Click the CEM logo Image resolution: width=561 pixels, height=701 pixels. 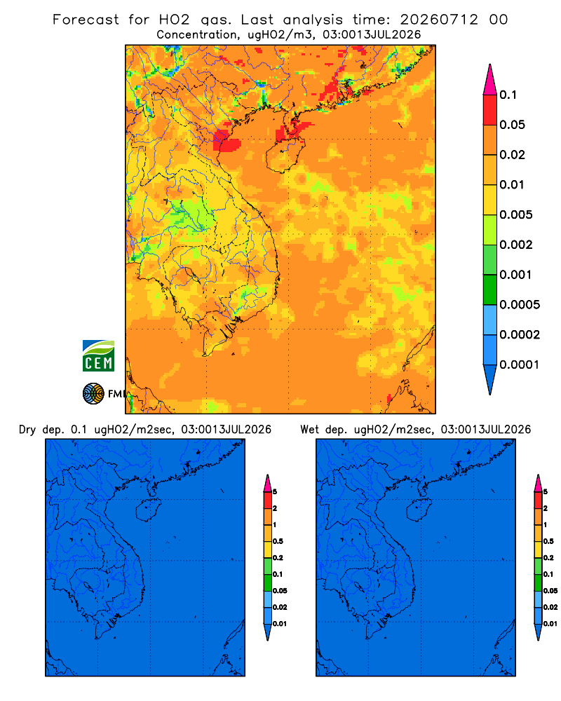(x=98, y=356)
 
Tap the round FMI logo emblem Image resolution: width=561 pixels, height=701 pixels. (x=93, y=394)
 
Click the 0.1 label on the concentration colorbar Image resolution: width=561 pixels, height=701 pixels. (x=508, y=95)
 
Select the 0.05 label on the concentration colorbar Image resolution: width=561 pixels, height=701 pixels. (x=512, y=125)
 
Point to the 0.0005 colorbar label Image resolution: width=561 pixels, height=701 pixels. (x=520, y=305)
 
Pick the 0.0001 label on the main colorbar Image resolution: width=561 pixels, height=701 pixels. (x=520, y=365)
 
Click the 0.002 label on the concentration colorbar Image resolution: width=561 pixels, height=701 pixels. (x=516, y=245)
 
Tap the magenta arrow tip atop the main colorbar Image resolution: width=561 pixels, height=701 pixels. (x=490, y=80)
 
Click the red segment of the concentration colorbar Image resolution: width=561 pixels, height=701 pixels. (x=490, y=110)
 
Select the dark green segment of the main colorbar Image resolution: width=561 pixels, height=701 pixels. (x=490, y=290)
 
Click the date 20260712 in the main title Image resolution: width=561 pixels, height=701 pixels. (x=439, y=20)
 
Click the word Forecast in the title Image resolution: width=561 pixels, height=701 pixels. (x=86, y=20)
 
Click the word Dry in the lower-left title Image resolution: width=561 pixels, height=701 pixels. (x=27, y=430)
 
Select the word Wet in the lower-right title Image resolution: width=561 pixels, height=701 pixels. (x=310, y=430)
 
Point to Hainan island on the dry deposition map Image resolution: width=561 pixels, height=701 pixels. (x=148, y=510)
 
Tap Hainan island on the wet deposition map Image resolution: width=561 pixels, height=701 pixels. (x=419, y=510)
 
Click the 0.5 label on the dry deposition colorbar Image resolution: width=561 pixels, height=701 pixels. (x=278, y=541)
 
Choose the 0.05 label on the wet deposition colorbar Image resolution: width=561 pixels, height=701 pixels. (x=550, y=591)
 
